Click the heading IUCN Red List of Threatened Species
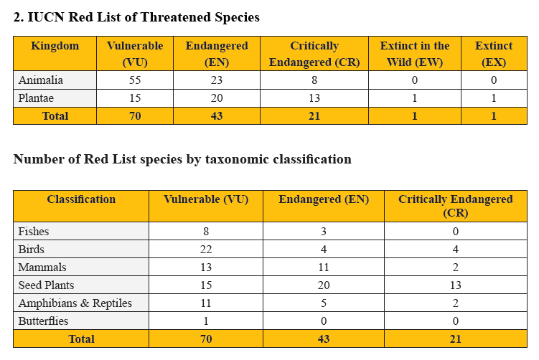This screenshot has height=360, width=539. tap(136, 17)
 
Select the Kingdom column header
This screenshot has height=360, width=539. tap(55, 46)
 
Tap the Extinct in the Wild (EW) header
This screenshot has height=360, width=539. tap(414, 54)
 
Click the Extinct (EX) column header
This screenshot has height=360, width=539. tap(494, 54)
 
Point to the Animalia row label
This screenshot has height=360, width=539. tap(41, 80)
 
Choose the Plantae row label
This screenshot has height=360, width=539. tap(38, 98)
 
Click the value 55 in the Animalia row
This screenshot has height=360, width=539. tap(135, 80)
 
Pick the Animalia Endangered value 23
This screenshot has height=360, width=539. tap(216, 80)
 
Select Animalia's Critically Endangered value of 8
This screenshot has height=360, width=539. tap(314, 80)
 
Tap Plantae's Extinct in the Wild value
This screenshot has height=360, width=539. tap(414, 98)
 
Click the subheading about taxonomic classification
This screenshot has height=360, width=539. tap(182, 159)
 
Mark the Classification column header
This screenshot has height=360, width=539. tap(81, 199)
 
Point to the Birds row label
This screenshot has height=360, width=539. tap(32, 250)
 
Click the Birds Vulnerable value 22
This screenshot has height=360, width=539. tap(206, 250)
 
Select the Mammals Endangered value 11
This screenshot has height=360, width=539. tap(324, 267)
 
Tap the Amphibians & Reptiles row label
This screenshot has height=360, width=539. tap(75, 303)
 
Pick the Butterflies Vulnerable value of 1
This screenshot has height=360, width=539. tap(206, 321)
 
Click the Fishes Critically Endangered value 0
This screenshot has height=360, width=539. tap(455, 232)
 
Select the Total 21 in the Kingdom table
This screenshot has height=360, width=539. tap(314, 116)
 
